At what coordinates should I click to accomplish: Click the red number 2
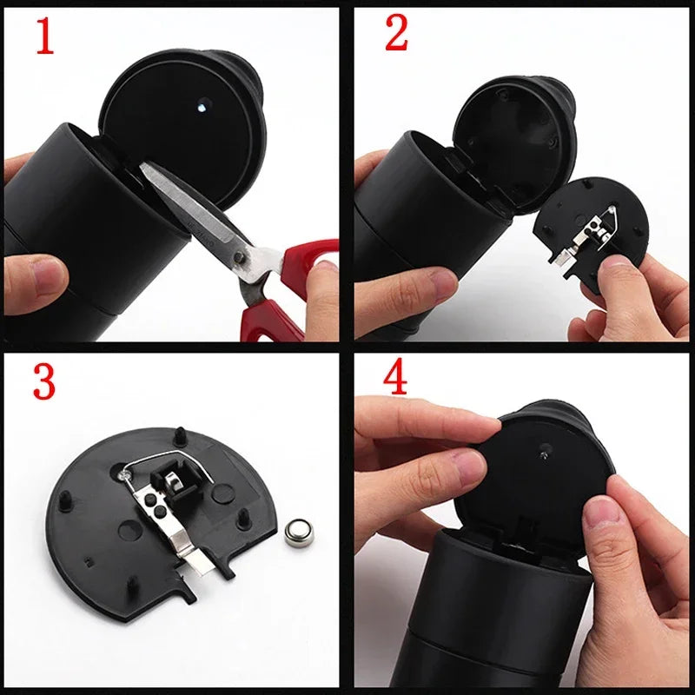tap(397, 35)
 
